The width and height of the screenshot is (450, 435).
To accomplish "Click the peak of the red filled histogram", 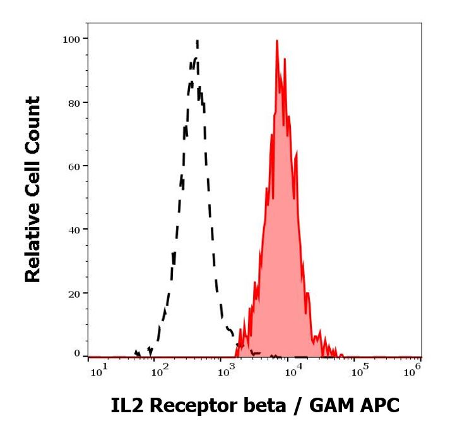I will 276,41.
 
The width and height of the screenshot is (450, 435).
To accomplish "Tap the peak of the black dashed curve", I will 198,42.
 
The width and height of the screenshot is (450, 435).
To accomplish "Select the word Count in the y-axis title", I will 32,120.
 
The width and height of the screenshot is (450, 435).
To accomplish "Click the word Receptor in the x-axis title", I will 184,406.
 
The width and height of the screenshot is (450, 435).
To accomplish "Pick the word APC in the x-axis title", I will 377,405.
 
